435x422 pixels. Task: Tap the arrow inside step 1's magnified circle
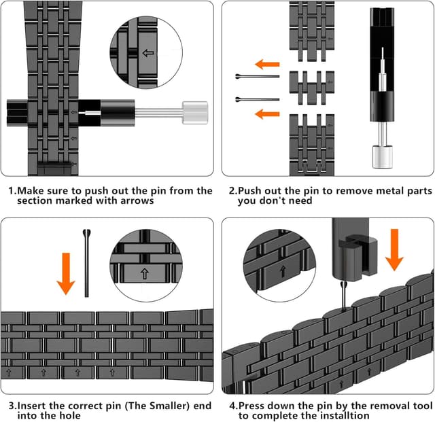click(x=147, y=52)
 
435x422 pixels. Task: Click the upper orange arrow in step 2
click(x=268, y=65)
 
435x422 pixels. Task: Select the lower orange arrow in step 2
click(x=267, y=113)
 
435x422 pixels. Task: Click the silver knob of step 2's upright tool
click(x=379, y=158)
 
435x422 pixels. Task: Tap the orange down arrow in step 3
click(x=65, y=272)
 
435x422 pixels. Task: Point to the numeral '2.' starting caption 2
click(x=232, y=191)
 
